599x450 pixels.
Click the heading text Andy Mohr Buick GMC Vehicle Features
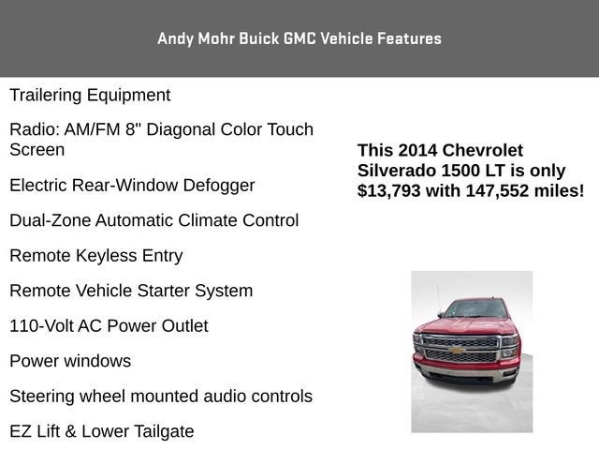point(299,38)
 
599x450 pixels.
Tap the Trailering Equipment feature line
point(90,95)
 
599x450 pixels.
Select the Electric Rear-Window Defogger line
point(132,185)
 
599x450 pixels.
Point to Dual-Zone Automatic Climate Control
point(153,220)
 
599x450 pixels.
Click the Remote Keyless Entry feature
point(95,255)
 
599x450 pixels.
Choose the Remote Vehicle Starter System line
point(130,291)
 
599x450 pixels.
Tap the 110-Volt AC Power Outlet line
point(109,325)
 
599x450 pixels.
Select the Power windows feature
point(70,361)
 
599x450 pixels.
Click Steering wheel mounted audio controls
point(160,397)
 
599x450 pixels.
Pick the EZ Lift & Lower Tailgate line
point(101,431)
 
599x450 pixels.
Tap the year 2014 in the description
point(417,150)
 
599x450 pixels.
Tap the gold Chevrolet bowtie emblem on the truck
point(458,350)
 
